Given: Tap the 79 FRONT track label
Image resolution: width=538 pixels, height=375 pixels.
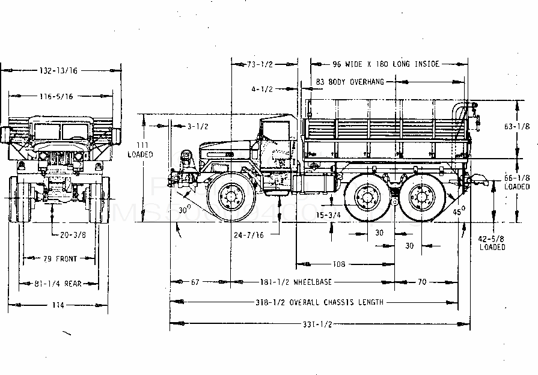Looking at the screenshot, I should (x=58, y=259).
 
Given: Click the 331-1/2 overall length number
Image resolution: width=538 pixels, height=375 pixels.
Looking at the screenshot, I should (x=319, y=325).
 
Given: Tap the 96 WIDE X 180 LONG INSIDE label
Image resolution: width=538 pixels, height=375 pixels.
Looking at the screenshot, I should (x=386, y=64).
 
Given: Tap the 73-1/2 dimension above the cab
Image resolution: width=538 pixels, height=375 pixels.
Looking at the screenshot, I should (x=261, y=64).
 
